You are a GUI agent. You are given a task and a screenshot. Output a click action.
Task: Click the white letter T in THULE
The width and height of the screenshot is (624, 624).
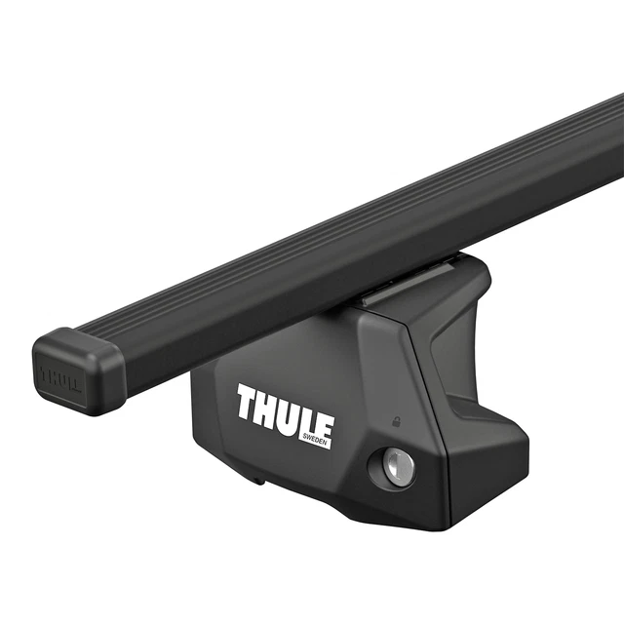pyautogui.click(x=246, y=402)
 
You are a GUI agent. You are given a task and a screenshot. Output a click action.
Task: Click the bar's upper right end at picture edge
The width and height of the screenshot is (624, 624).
pyautogui.click(x=612, y=127)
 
